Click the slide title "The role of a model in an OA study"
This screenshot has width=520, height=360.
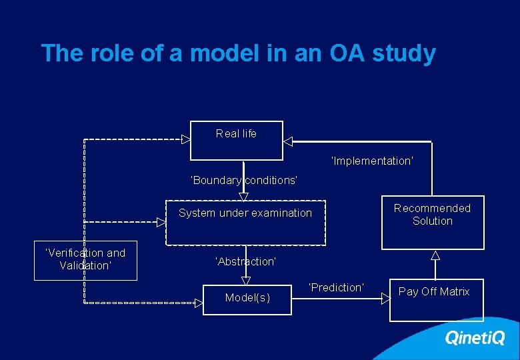click(238, 53)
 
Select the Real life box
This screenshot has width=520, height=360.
click(237, 140)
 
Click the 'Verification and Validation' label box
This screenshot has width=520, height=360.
click(85, 260)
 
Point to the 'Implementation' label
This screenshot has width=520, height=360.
click(372, 161)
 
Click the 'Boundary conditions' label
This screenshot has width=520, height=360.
click(244, 181)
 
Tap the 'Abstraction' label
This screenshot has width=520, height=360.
click(245, 262)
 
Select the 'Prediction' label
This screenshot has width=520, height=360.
click(336, 287)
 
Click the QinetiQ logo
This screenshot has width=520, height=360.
click(475, 338)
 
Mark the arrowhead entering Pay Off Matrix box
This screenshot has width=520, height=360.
click(385, 299)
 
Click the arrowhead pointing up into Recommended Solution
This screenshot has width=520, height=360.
click(435, 255)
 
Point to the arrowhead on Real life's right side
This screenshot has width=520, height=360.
click(288, 141)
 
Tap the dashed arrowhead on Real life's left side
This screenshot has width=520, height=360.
click(186, 140)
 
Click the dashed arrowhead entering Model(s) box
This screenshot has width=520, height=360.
click(199, 303)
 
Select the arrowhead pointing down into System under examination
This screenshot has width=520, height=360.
click(244, 196)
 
